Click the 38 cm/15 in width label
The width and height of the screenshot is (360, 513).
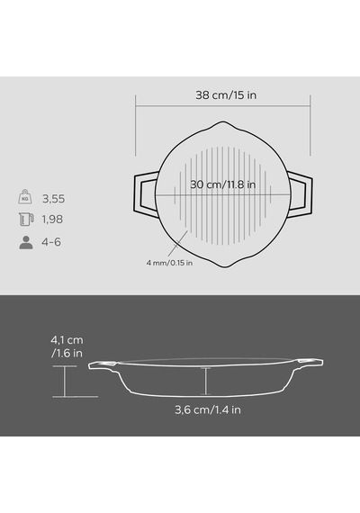tap(226, 95)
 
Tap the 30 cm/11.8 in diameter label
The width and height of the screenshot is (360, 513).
tap(223, 184)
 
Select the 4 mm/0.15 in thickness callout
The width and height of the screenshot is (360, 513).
tap(169, 263)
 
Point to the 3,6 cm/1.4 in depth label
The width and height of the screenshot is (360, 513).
tap(208, 409)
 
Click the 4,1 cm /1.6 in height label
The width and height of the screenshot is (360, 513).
tap(67, 346)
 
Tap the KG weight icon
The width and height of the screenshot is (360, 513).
tap(25, 196)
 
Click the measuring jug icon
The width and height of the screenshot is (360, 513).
tap(26, 220)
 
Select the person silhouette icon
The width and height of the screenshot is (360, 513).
tap(26, 242)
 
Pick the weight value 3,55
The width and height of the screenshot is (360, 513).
tap(54, 199)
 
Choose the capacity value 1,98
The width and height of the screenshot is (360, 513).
tap(52, 220)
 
